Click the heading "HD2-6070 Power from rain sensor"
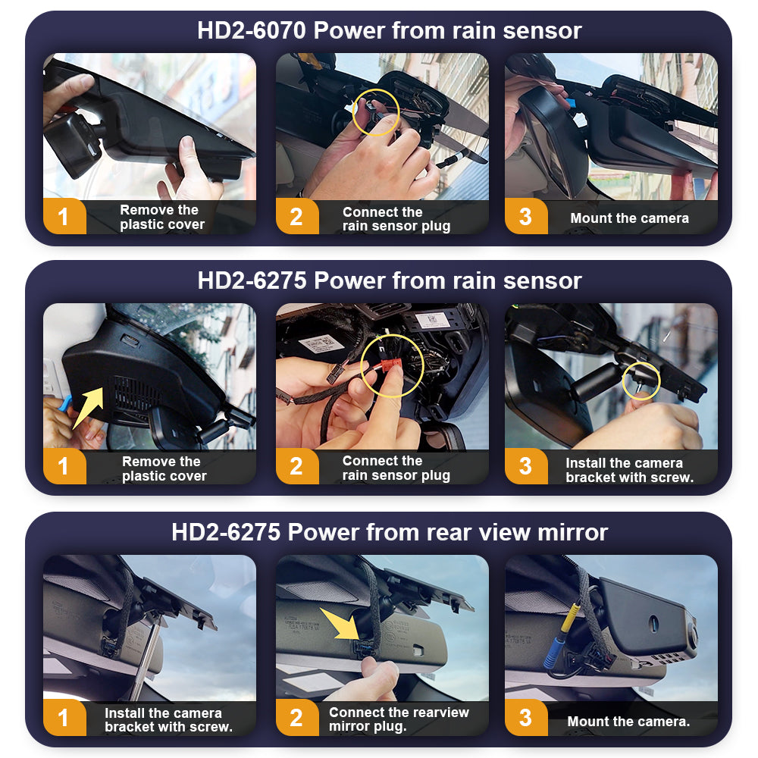tap(389, 30)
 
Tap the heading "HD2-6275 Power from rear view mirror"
tap(389, 532)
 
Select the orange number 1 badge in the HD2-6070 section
tap(64, 216)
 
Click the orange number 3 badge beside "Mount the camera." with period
tap(526, 718)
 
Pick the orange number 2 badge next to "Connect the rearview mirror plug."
tap(297, 718)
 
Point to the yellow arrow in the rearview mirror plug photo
tap(341, 625)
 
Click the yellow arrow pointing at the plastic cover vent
tap(89, 407)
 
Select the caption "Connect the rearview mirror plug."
tap(399, 719)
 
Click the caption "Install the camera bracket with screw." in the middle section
tap(629, 470)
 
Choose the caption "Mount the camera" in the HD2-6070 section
tap(629, 218)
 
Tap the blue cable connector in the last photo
tap(551, 653)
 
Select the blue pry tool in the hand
tap(64, 403)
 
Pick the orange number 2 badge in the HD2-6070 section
tap(297, 216)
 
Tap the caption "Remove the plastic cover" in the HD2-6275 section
tap(164, 468)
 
